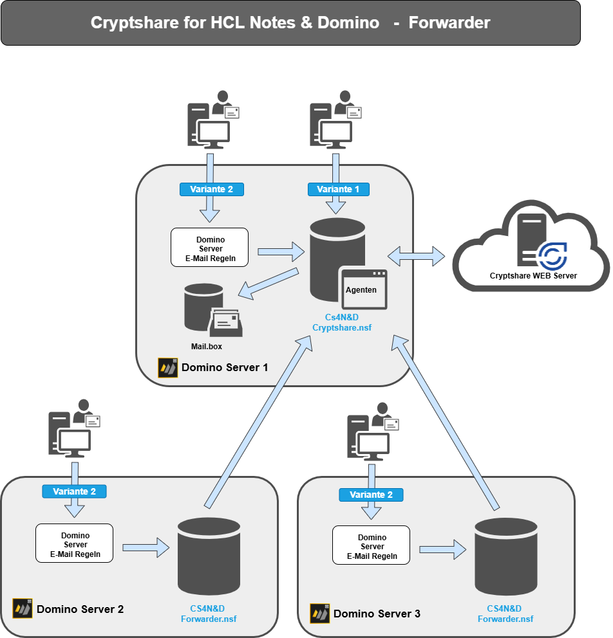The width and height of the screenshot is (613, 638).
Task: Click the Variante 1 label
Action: coord(339,189)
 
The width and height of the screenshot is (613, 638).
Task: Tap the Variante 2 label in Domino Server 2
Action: coord(74,491)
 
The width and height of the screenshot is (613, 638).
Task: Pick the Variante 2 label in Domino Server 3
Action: coord(371,495)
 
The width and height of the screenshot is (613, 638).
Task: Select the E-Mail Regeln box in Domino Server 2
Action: coord(74,543)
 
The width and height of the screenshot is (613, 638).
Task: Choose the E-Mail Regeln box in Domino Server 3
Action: coord(371,545)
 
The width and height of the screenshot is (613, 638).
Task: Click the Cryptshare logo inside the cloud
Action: coord(552,255)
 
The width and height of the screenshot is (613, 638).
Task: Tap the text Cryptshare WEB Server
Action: coord(533,276)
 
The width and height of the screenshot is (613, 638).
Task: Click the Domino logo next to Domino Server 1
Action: coord(167,368)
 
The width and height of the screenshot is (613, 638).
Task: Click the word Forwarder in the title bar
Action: coord(449,23)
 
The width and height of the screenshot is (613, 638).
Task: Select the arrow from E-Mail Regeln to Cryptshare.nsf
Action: coord(280,251)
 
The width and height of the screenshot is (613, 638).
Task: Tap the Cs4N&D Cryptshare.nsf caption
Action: coord(342,322)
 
